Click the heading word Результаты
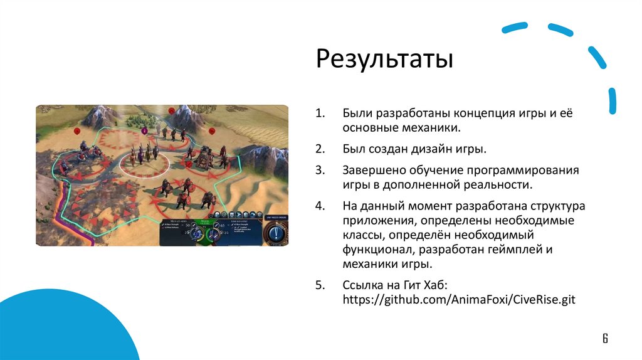tap(384, 60)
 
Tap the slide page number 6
tap(605, 339)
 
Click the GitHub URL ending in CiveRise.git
tap(458, 300)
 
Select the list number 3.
tap(318, 171)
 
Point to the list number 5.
tap(319, 285)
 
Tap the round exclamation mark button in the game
tap(276, 233)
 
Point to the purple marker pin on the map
tap(144, 131)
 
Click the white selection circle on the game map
tap(145, 165)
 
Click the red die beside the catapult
tap(212, 130)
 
